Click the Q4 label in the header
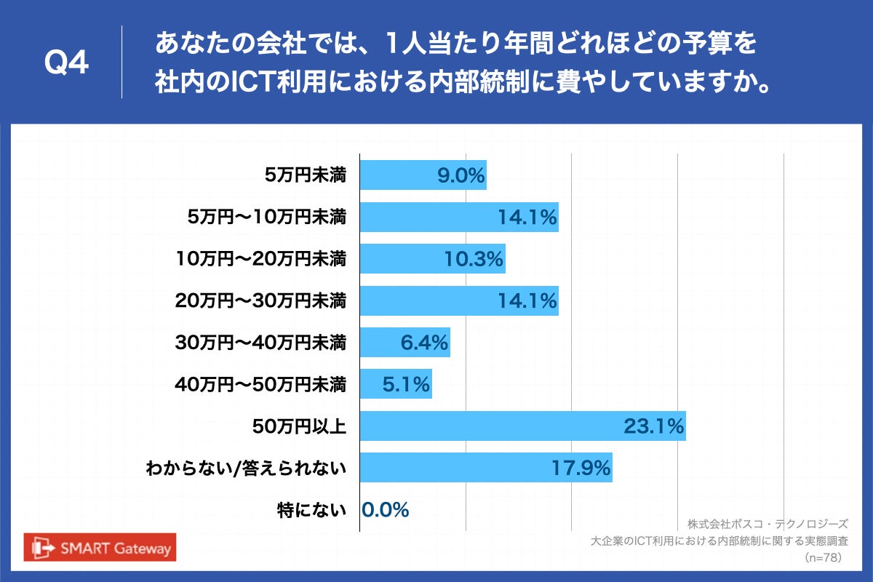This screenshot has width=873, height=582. [x=67, y=64]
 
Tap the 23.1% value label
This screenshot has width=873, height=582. [x=653, y=426]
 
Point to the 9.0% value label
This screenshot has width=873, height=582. [x=461, y=175]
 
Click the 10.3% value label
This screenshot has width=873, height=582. [x=474, y=259]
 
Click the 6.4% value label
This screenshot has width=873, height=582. [x=424, y=343]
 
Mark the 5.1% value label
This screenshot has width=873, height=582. [x=406, y=384]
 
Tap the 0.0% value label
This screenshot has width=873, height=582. [x=386, y=510]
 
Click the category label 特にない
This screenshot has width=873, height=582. [x=311, y=510]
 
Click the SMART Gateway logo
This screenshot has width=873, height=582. [x=100, y=548]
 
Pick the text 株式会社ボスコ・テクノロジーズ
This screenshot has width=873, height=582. [x=768, y=524]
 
